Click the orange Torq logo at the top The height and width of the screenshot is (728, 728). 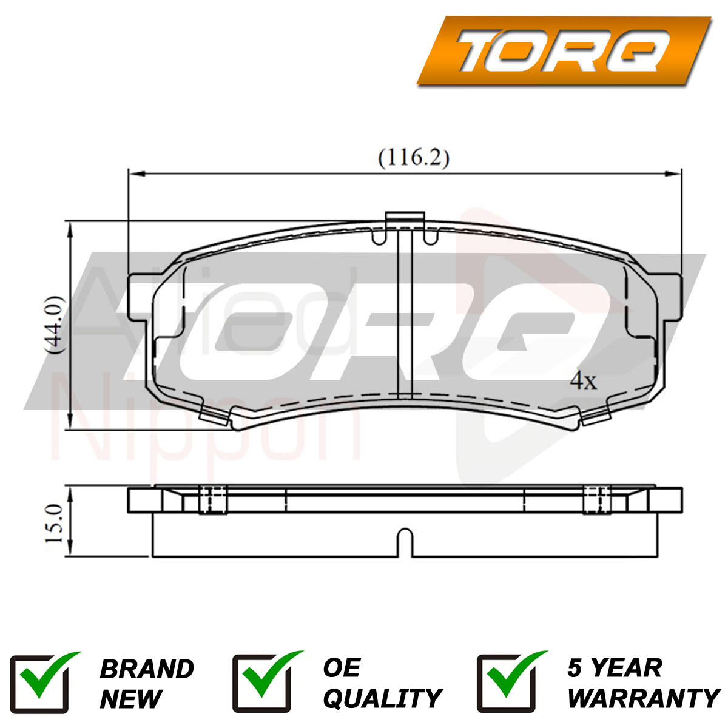pos(564,50)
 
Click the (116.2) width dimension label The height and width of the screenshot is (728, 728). pos(414,158)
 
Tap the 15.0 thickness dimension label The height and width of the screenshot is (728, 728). pos(54,523)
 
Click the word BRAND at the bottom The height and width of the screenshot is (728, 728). pos(147,669)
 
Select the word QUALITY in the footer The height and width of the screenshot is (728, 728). pos(382,698)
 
